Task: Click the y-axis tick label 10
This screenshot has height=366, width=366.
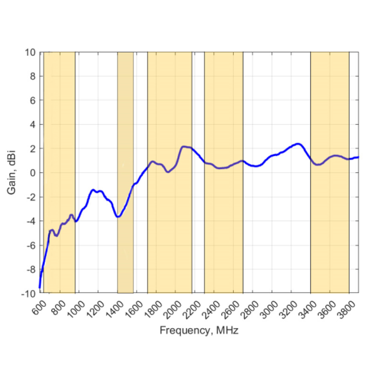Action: tap(31, 53)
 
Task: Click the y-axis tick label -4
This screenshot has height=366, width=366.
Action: tap(31, 221)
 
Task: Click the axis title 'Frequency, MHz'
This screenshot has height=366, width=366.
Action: tap(199, 330)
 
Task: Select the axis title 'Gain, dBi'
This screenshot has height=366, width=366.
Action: tap(12, 173)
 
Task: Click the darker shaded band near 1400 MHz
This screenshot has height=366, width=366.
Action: tap(125, 133)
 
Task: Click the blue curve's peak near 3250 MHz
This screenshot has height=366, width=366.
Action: tap(298, 144)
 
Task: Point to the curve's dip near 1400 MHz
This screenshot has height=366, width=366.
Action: tap(118, 217)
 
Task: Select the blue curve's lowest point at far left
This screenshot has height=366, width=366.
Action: tap(40, 287)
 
